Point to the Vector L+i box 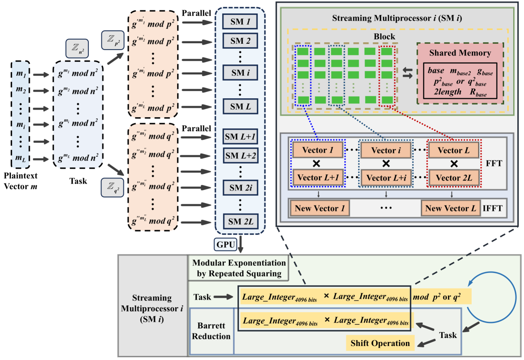pyautogui.click(x=385, y=178)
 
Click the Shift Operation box pyautogui.click(x=380, y=343)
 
